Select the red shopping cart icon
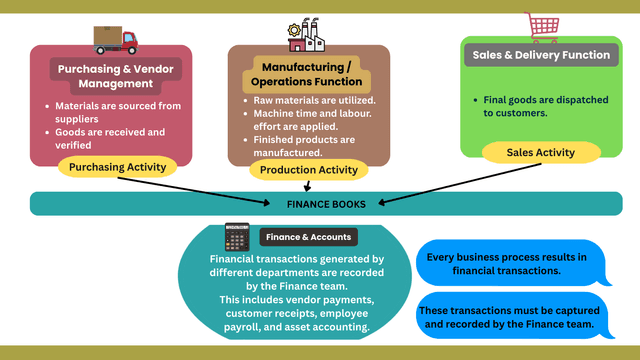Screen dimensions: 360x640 pyautogui.click(x=541, y=27)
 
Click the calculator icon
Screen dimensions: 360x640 pyautogui.click(x=237, y=237)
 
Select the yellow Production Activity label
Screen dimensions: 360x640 pyautogui.click(x=309, y=170)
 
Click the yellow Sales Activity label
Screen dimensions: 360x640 pyautogui.click(x=542, y=152)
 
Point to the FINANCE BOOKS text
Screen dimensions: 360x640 pyautogui.click(x=326, y=204)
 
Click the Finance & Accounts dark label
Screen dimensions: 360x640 pyautogui.click(x=307, y=237)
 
